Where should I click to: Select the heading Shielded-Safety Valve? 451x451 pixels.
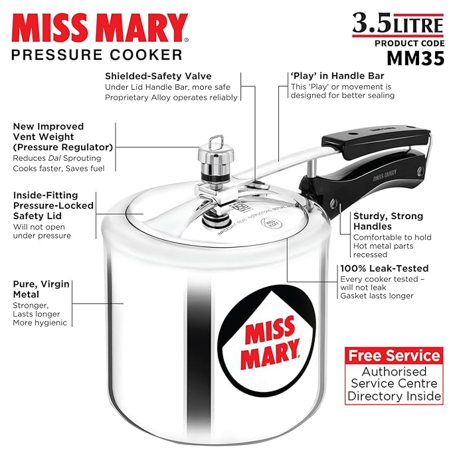click(x=161, y=75)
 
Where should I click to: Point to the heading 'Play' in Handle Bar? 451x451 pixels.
click(x=337, y=75)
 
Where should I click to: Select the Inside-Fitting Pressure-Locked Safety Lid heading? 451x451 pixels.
click(x=45, y=206)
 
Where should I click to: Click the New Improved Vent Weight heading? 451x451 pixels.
click(x=62, y=136)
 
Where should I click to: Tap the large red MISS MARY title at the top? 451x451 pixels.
click(x=100, y=29)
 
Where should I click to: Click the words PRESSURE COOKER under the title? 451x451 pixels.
click(x=96, y=54)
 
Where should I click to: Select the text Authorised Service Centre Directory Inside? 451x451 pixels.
click(x=395, y=384)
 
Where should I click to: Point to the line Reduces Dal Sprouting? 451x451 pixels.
click(x=56, y=158)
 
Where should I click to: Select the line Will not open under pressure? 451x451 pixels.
click(x=42, y=230)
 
